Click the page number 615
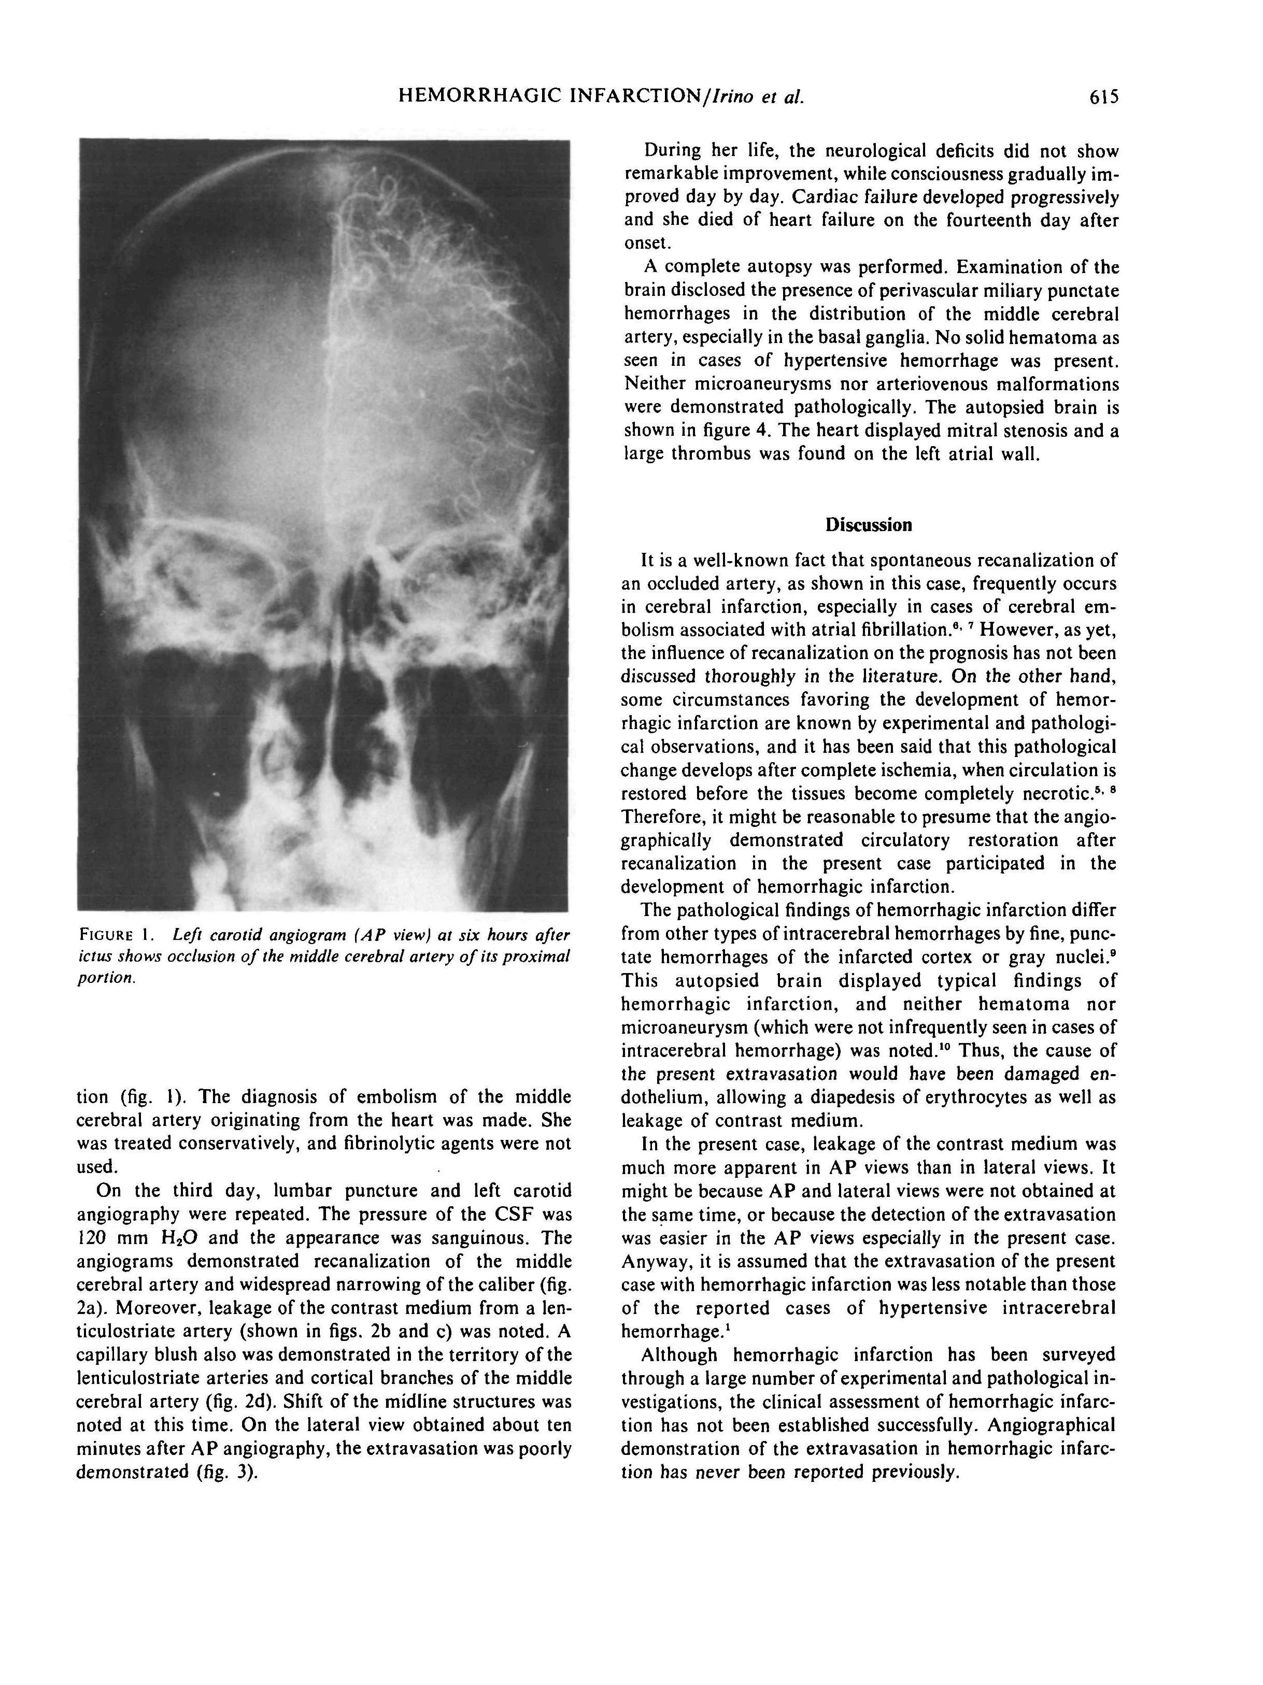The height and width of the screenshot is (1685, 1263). (1104, 97)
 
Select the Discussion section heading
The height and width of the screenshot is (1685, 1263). (869, 525)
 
